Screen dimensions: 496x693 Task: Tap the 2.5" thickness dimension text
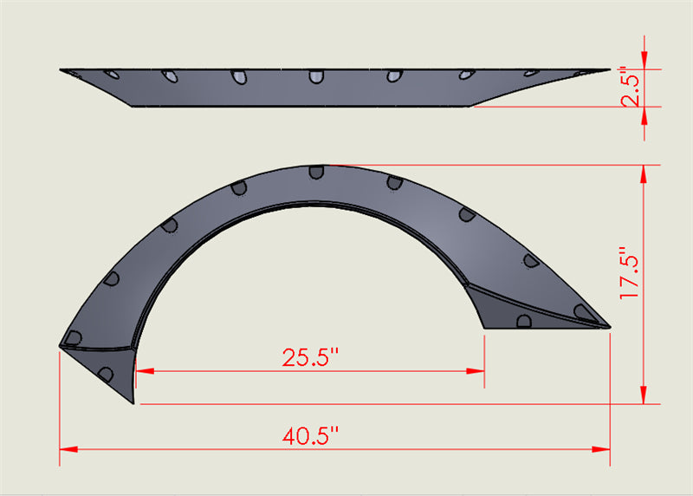point(631,88)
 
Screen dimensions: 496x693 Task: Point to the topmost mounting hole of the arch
point(317,172)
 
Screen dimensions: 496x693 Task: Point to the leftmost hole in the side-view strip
point(111,75)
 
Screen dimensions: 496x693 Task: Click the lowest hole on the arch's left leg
point(106,374)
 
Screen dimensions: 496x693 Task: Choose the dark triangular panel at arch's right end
point(502,307)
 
